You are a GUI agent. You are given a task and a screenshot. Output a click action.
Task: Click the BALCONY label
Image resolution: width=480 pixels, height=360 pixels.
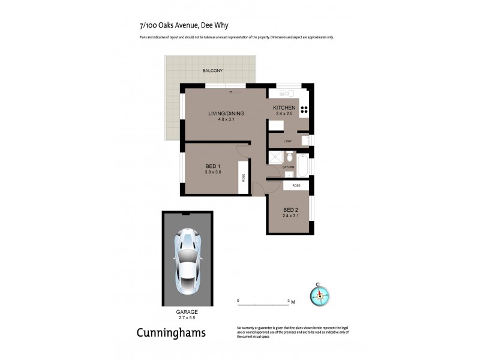(x=212, y=71)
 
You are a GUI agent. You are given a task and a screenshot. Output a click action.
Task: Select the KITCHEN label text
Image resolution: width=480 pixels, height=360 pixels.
(x=284, y=107)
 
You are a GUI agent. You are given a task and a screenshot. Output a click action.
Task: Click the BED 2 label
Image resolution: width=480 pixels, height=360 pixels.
(x=290, y=210)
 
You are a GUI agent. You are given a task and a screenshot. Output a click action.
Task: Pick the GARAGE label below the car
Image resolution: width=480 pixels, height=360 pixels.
(x=187, y=312)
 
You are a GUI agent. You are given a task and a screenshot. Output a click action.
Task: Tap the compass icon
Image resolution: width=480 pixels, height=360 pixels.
(x=320, y=295)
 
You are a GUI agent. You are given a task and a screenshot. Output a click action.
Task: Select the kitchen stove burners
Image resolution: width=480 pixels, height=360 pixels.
(x=304, y=110)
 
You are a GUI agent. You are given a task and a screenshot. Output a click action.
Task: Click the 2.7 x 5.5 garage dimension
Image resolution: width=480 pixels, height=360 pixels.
(x=187, y=318)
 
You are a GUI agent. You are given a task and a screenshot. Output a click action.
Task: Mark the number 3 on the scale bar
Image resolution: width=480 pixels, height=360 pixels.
(x=289, y=299)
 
